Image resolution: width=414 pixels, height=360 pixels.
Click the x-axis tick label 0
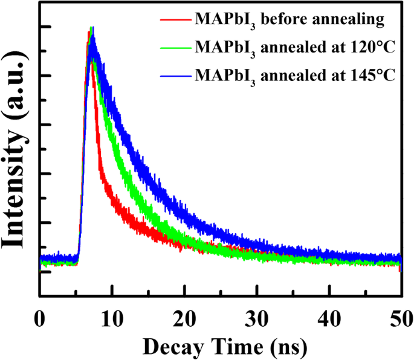[39, 317]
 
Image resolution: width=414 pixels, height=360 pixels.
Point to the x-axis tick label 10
[112, 317]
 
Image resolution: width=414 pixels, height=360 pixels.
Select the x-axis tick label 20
[184, 317]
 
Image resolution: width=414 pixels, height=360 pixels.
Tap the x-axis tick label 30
[257, 317]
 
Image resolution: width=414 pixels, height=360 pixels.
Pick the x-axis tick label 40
[329, 317]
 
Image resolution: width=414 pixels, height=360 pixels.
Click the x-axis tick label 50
[401, 317]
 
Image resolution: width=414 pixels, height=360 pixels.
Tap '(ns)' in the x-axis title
[288, 346]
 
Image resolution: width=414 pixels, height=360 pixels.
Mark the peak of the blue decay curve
[92, 30]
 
